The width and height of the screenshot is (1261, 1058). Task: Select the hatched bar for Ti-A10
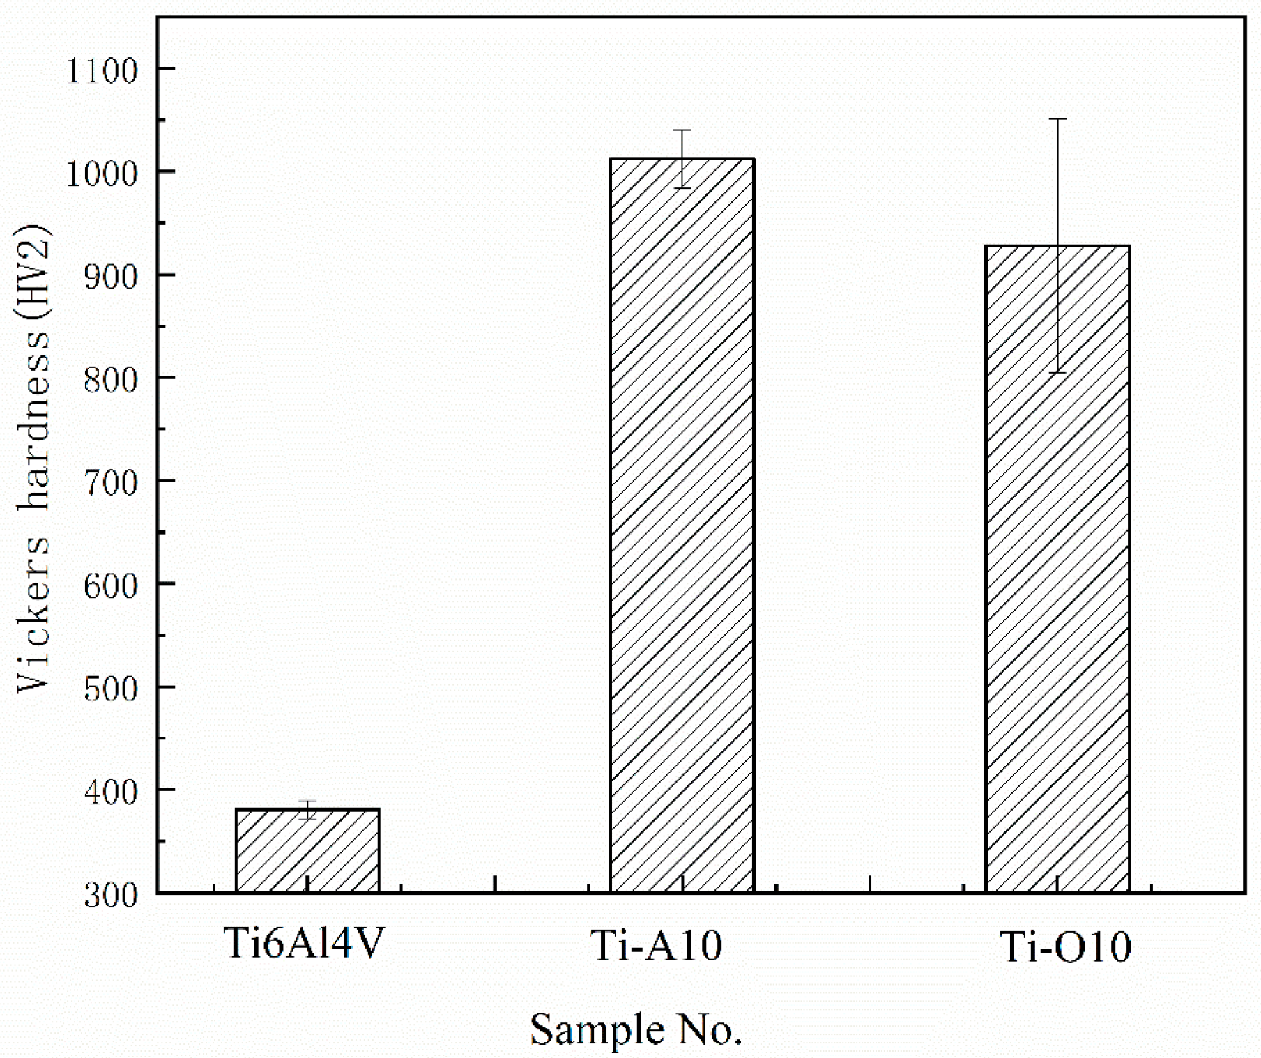pyautogui.click(x=682, y=523)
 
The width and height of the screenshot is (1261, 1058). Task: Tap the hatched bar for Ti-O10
pyautogui.click(x=1057, y=568)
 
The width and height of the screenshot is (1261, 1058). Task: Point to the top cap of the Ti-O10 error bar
pyautogui.click(x=1057, y=119)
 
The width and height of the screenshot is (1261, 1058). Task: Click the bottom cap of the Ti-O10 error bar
pyautogui.click(x=1057, y=373)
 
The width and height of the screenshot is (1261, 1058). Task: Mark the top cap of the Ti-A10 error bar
pyautogui.click(x=682, y=130)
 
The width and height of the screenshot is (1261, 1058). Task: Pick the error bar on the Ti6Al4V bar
pyautogui.click(x=307, y=810)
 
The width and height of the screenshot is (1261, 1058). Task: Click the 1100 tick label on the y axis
pyautogui.click(x=101, y=70)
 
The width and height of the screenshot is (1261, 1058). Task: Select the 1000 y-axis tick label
pyautogui.click(x=101, y=173)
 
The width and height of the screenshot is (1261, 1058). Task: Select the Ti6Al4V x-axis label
pyautogui.click(x=304, y=945)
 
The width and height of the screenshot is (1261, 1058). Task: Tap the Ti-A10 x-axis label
pyautogui.click(x=657, y=946)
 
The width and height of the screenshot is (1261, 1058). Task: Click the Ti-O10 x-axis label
pyautogui.click(x=1065, y=948)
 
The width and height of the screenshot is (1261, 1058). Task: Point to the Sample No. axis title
pyautogui.click(x=636, y=1030)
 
